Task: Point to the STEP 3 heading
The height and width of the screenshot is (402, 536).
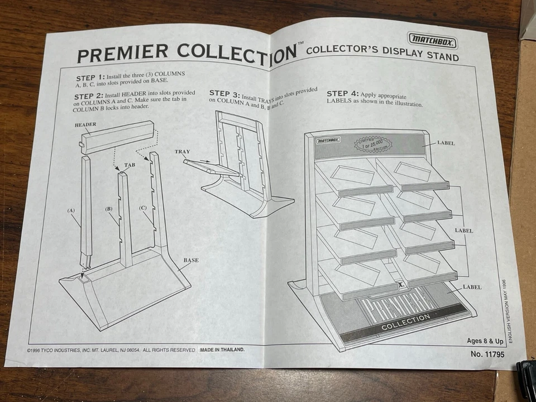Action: [x=224, y=93]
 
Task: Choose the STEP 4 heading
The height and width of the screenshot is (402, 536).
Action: [x=342, y=94]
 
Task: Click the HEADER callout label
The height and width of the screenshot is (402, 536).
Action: [x=85, y=125]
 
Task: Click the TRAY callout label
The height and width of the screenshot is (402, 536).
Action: [x=183, y=151]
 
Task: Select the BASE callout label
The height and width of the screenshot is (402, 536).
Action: [x=191, y=260]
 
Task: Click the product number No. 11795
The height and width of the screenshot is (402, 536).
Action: [x=484, y=353]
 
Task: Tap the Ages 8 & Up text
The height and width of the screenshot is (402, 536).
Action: [x=485, y=341]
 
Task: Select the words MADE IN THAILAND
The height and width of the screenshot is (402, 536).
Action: [x=222, y=350]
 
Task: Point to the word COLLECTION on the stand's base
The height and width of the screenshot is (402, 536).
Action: [x=405, y=318]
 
